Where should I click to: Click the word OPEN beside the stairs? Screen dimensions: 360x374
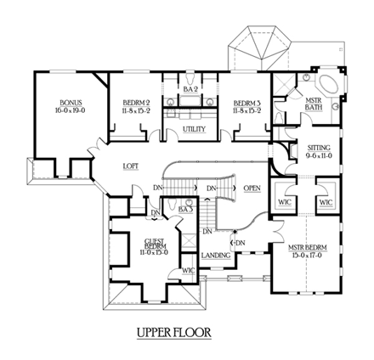pos(252,188)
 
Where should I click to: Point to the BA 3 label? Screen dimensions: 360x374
pos(186,208)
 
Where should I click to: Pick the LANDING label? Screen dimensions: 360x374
pos(215,255)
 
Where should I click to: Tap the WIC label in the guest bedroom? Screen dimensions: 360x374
pos(189,271)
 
